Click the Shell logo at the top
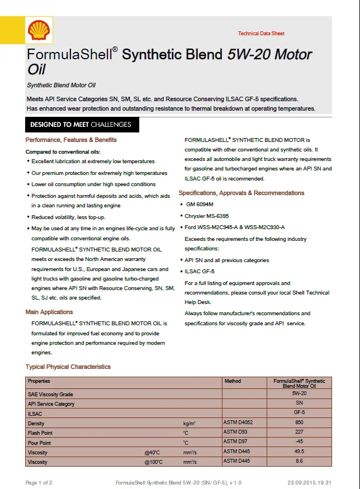pos(39,30)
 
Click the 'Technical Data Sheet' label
pos(261,34)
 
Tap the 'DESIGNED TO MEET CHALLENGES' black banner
pos(81,125)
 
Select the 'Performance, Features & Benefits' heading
pos(71,140)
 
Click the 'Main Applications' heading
pos(49,312)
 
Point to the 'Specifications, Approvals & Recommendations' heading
pos(241,193)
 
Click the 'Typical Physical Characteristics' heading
pos(68,367)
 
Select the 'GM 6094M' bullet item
pos(202,205)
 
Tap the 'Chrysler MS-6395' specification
pos(207,216)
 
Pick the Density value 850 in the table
pos(299,423)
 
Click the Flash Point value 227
pos(299,433)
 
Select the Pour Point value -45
pos(299,442)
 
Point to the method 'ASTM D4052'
pos(238,423)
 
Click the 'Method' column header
pos(233,381)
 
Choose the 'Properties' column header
pos(39,381)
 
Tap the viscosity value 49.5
pos(299,452)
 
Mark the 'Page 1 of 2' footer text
pos(39,482)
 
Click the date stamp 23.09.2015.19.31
pos(310,482)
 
